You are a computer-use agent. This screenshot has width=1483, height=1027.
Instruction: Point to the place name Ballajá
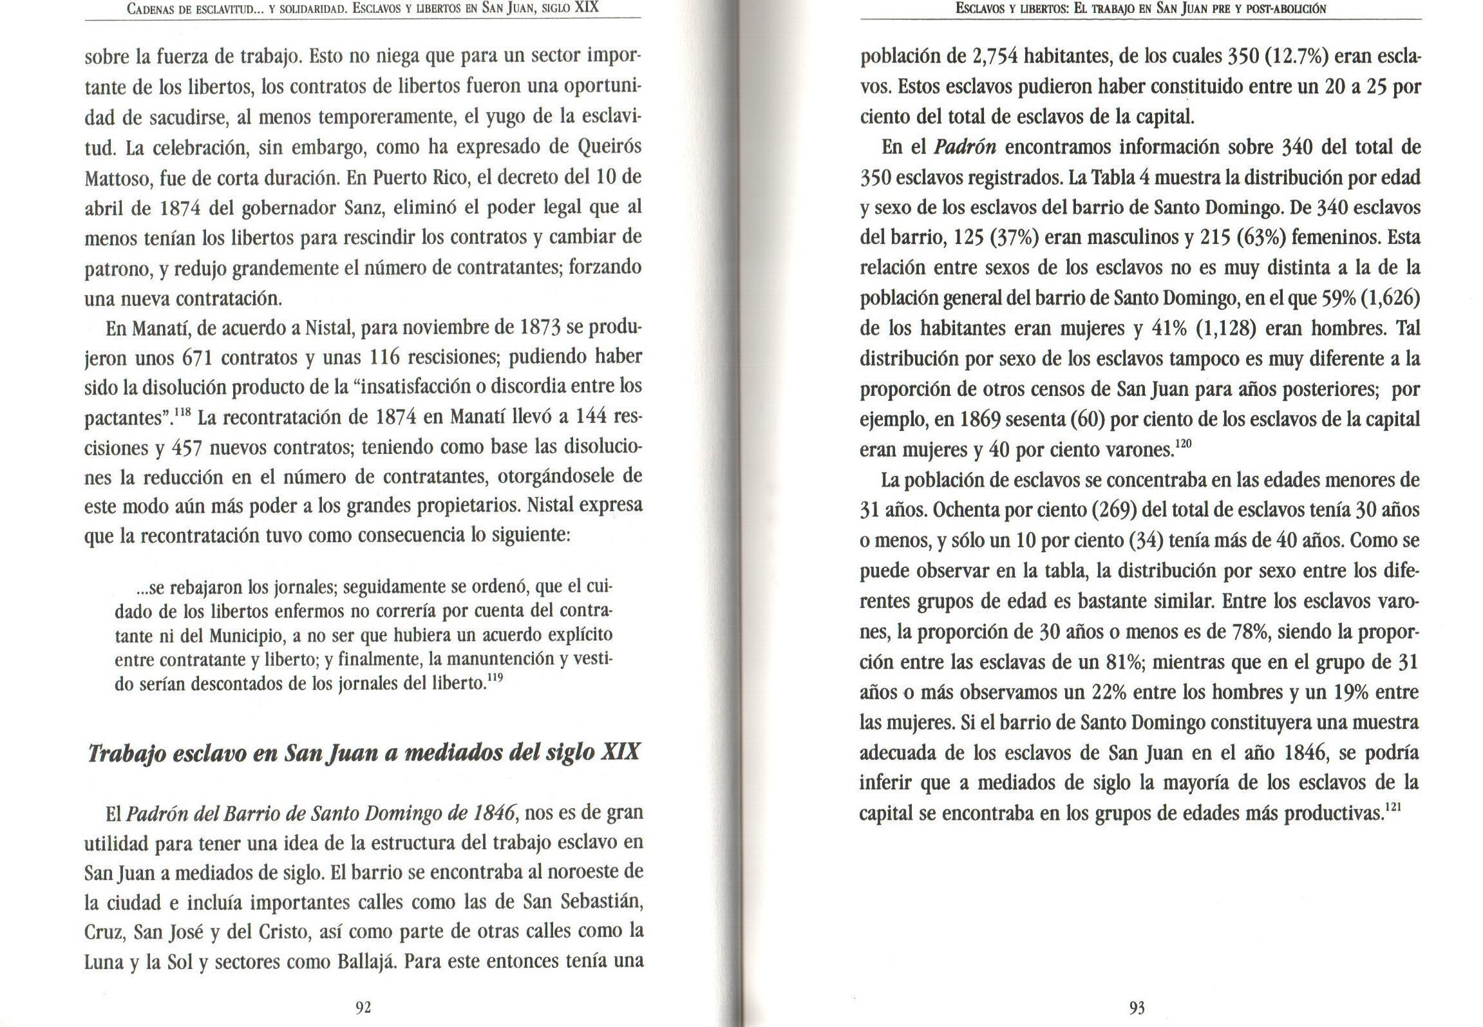(x=366, y=962)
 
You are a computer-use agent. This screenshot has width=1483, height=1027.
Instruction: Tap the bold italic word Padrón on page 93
(x=965, y=147)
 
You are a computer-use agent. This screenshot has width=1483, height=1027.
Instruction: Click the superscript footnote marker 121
(x=1392, y=807)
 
